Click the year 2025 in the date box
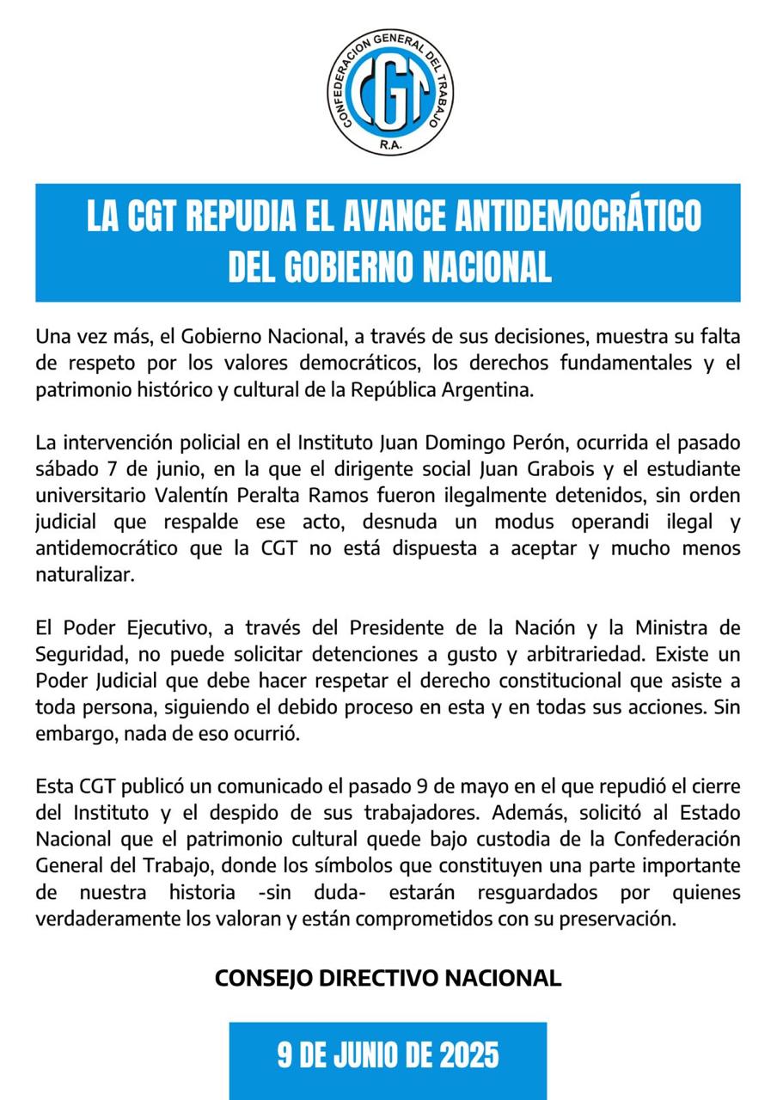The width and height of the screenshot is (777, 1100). [x=469, y=1054]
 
